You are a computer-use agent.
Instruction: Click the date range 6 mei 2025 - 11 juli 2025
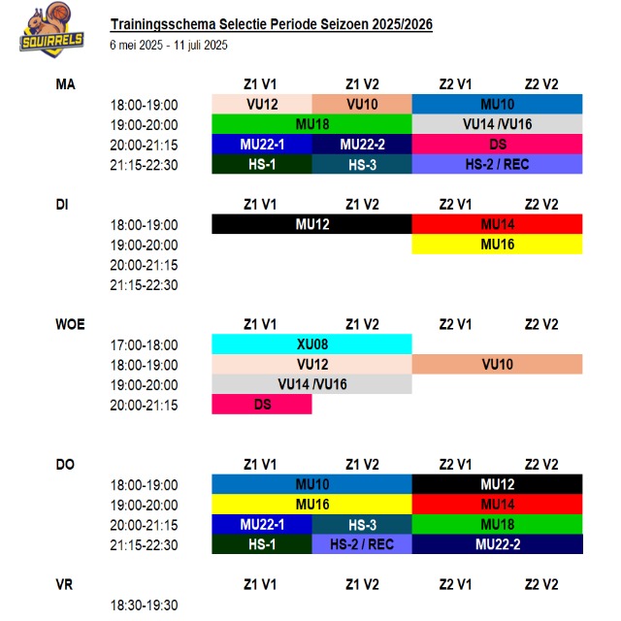pos(168,45)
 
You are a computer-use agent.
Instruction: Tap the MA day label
pos(66,84)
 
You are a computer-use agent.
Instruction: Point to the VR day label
pos(64,585)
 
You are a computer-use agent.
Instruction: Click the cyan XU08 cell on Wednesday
pos(311,344)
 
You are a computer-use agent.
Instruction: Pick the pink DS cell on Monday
pos(497,145)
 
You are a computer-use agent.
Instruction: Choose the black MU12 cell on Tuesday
pos(311,224)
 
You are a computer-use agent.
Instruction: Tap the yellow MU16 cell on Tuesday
pos(497,245)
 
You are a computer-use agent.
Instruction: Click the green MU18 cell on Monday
pos(311,124)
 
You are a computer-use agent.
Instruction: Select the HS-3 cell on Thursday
pos(362,525)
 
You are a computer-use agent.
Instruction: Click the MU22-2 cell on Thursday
pos(497,545)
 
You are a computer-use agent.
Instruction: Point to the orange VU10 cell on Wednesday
pos(497,365)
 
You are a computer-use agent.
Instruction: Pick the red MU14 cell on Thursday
pos(497,505)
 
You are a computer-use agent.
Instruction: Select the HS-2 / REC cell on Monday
pos(497,165)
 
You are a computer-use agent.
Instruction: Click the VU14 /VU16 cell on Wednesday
pos(311,385)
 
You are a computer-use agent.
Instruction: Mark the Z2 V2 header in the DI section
pos(540,205)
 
